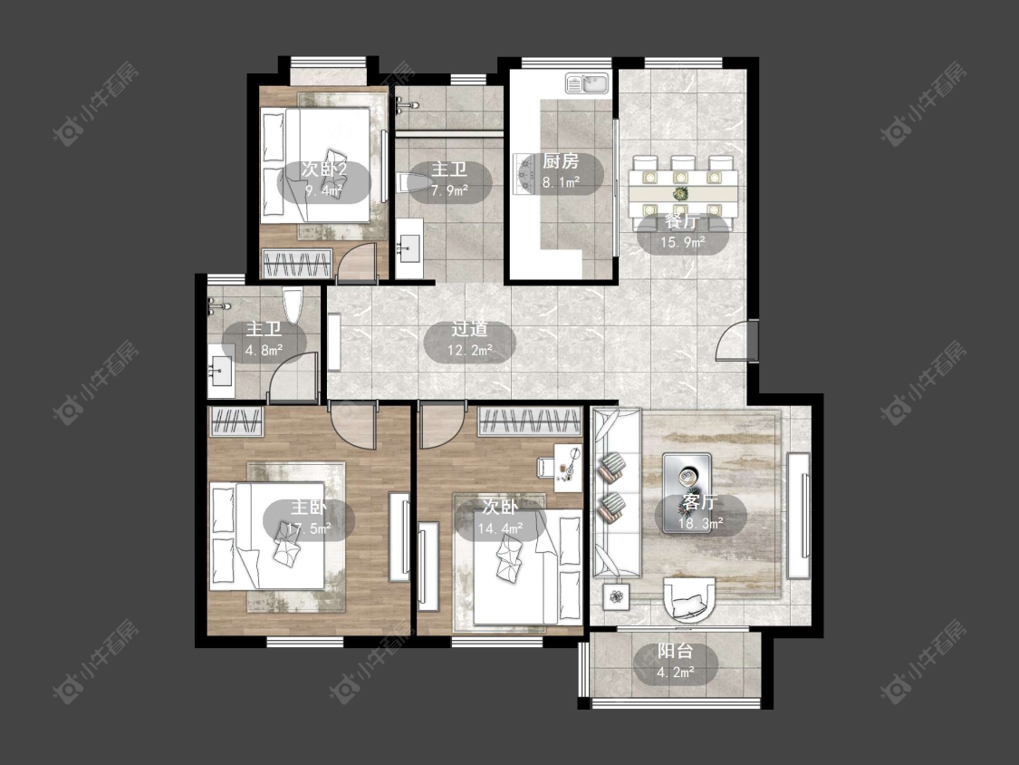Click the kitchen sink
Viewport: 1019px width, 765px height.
[587, 83]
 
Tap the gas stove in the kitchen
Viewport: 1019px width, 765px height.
[524, 174]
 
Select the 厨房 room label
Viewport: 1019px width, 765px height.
[560, 161]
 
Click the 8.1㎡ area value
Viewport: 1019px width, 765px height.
[561, 183]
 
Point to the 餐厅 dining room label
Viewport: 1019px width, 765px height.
[682, 222]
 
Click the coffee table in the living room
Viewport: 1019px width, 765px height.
[687, 494]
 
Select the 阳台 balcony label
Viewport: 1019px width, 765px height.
[675, 651]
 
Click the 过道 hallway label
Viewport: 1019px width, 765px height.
[469, 330]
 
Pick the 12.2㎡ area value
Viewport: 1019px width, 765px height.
[469, 352]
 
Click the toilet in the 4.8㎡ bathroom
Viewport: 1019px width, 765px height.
[293, 305]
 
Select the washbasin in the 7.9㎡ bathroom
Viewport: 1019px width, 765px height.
[409, 247]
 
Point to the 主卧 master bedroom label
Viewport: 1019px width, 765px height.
[309, 508]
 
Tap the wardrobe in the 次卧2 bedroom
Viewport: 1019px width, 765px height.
[298, 264]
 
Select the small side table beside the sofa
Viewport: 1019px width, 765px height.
[616, 596]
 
